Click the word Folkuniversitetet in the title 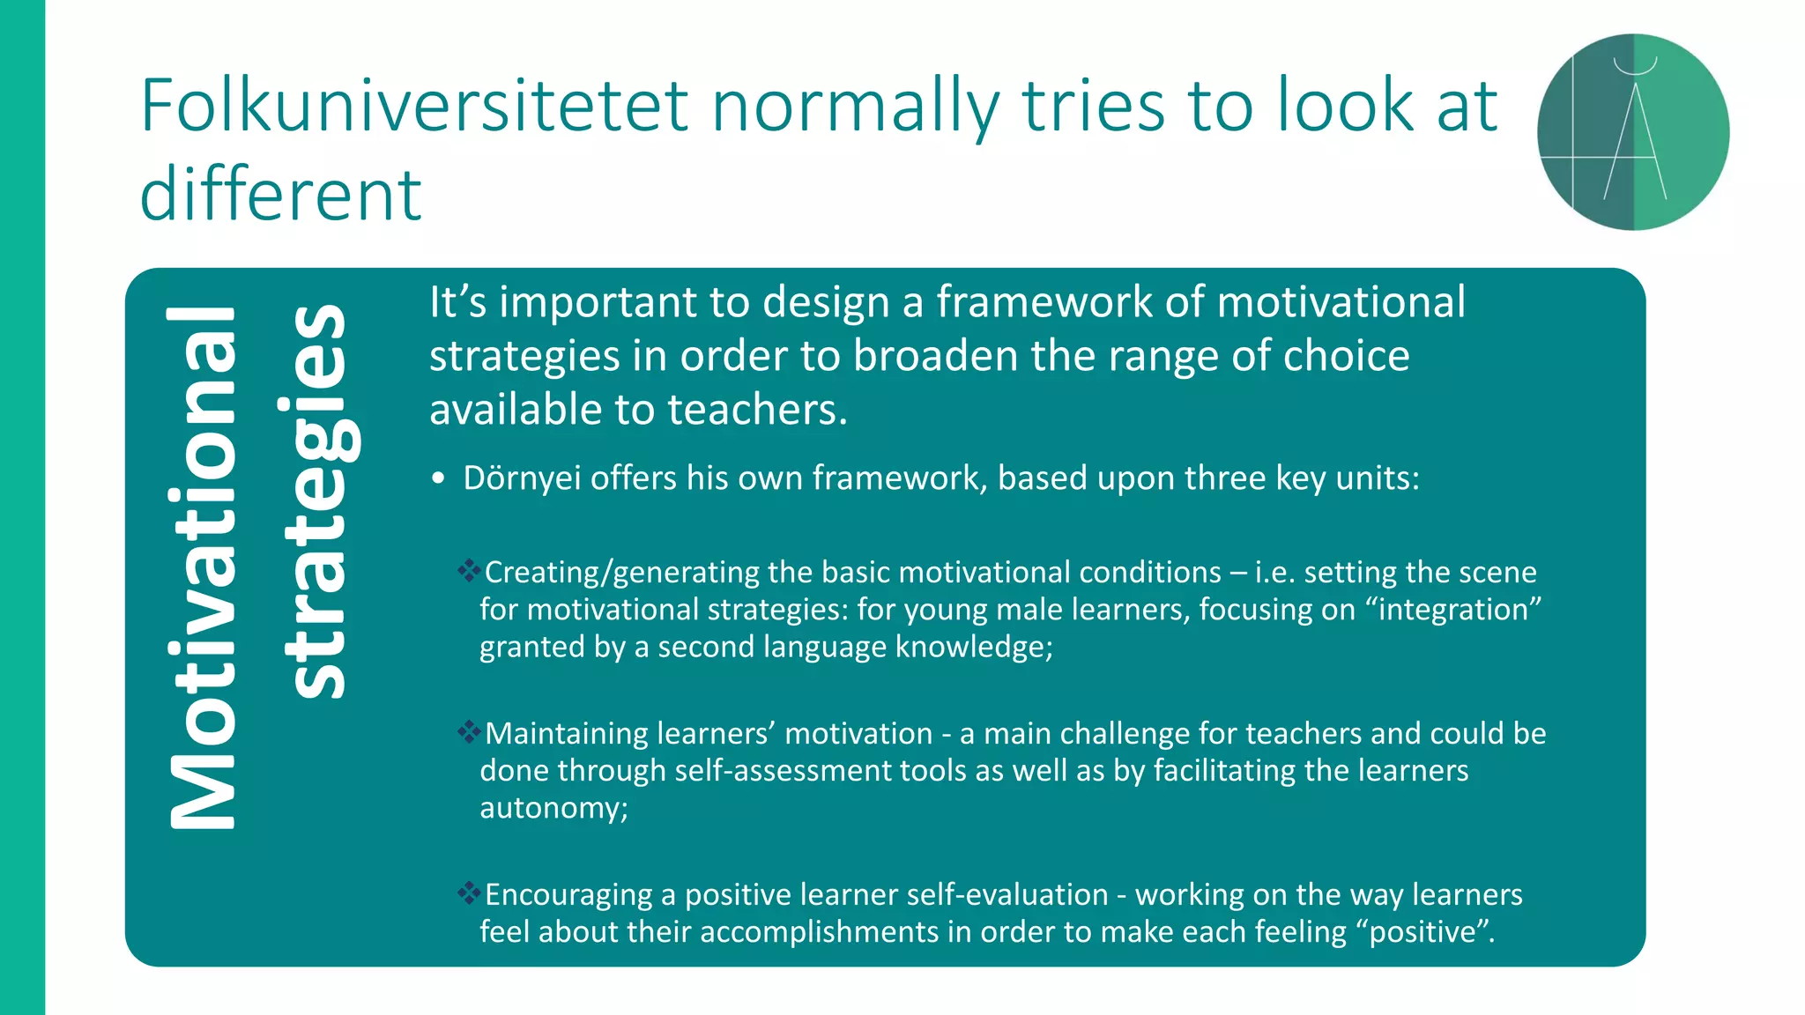412,106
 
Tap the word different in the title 280,195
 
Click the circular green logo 1633,132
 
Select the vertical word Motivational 202,568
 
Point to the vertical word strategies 317,500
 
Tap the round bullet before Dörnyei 439,479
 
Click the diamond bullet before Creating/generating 469,570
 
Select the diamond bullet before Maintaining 469,731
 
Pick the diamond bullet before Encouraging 469,893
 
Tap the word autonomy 553,808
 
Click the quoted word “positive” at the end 1430,932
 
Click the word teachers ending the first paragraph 756,411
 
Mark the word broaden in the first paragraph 937,356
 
